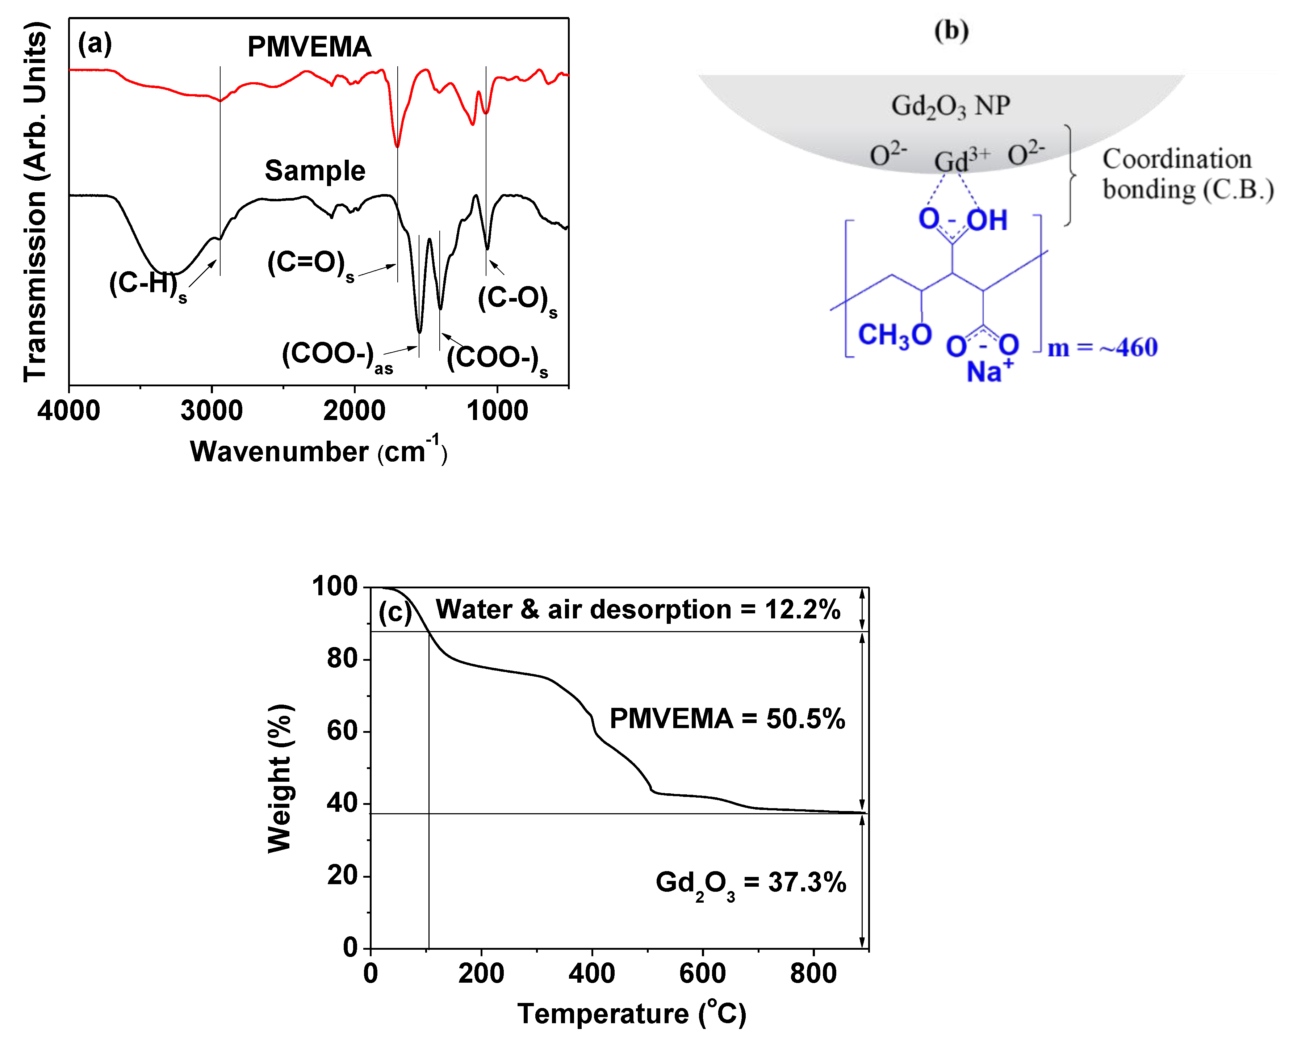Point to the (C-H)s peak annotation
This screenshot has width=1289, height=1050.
tap(147, 284)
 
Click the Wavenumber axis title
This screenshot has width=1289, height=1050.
tap(318, 451)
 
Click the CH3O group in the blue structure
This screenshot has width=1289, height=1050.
tap(894, 335)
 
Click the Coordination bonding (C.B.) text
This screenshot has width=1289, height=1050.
tap(1187, 174)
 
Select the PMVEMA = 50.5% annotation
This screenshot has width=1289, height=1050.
tap(727, 719)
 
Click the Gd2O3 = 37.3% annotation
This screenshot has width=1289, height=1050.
tap(750, 883)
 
